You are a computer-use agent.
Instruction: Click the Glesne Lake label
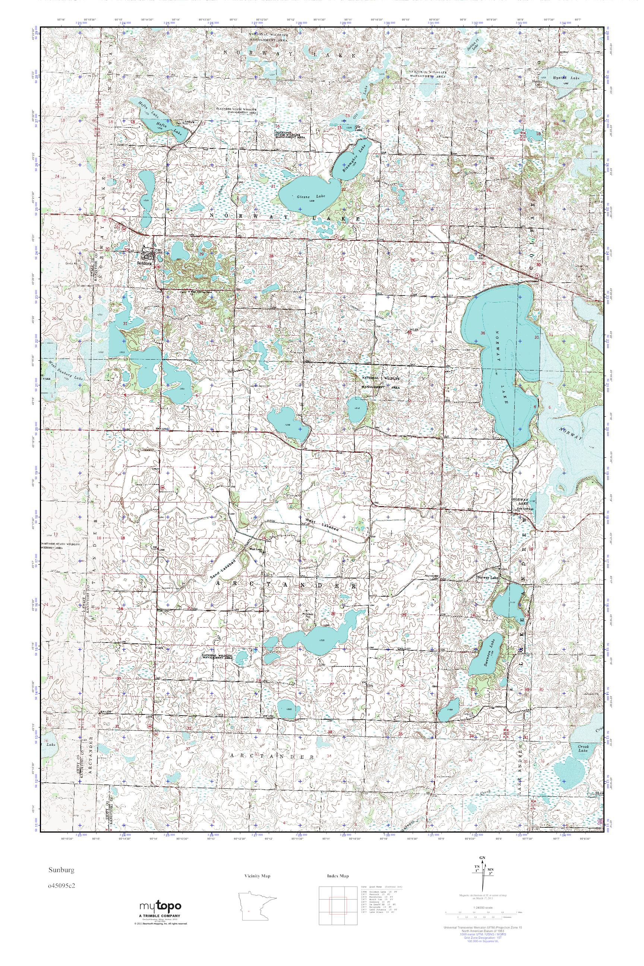coord(310,197)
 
